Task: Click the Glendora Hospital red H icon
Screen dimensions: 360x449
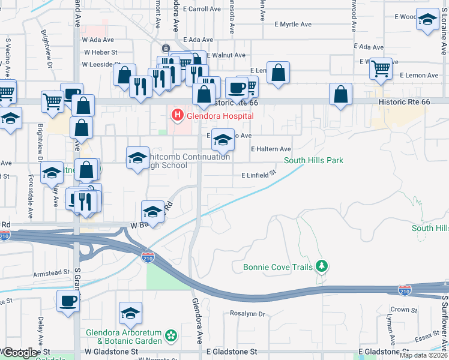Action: [177, 114]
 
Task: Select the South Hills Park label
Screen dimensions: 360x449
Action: [313, 160]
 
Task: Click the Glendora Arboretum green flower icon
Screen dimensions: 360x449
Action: [172, 335]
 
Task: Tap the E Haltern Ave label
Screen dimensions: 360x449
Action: [271, 149]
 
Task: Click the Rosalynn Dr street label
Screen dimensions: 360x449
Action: [248, 314]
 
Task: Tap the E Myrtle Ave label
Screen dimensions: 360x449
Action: [293, 25]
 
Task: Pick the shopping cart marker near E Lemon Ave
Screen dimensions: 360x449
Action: [381, 67]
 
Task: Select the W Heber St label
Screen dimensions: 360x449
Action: [100, 52]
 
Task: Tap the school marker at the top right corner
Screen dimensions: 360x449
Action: [428, 19]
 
